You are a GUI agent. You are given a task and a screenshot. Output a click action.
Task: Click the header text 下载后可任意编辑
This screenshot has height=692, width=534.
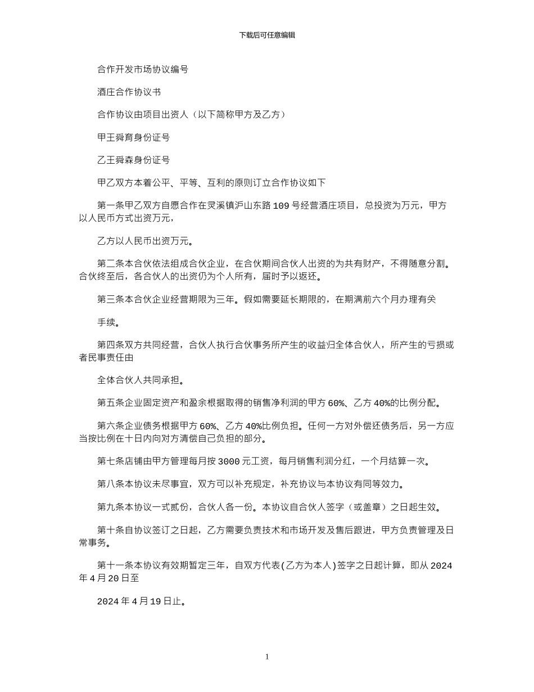point(267,35)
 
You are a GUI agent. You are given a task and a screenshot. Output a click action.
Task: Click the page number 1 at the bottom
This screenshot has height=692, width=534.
point(267,657)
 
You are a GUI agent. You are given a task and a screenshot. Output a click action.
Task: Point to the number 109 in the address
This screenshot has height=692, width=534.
point(281,206)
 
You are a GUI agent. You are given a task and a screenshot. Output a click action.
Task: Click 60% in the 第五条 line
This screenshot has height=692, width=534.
point(336,403)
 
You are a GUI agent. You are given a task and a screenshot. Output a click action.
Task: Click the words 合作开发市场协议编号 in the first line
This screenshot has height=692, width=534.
point(143,70)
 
